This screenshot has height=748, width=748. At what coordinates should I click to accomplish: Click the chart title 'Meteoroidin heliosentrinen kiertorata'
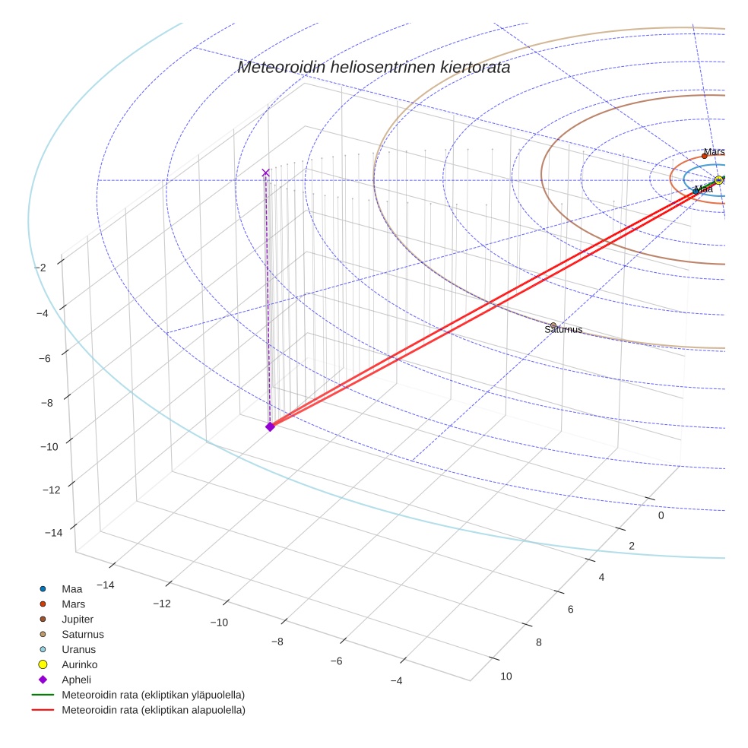[x=373, y=67]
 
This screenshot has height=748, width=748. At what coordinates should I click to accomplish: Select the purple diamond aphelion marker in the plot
[x=269, y=426]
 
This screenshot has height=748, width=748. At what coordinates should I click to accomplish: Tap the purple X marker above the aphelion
[x=265, y=173]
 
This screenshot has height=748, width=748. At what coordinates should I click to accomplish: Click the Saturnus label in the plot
[x=563, y=330]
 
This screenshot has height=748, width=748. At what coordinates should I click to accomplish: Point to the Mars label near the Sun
[x=714, y=152]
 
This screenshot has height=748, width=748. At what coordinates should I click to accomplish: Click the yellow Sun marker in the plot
[x=718, y=180]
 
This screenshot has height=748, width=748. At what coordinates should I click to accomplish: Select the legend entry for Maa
[x=71, y=589]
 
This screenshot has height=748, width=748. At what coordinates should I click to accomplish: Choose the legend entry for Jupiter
[x=78, y=620]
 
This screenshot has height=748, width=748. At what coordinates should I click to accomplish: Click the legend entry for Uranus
[x=78, y=650]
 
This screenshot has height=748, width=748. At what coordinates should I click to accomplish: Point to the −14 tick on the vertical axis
[x=53, y=533]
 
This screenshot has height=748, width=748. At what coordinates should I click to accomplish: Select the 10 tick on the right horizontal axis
[x=506, y=677]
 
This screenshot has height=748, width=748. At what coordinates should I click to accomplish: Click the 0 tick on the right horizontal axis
[x=661, y=515]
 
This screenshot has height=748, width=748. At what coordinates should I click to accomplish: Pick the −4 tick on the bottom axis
[x=396, y=681]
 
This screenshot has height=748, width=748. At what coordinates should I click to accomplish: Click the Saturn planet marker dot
[x=553, y=325]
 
